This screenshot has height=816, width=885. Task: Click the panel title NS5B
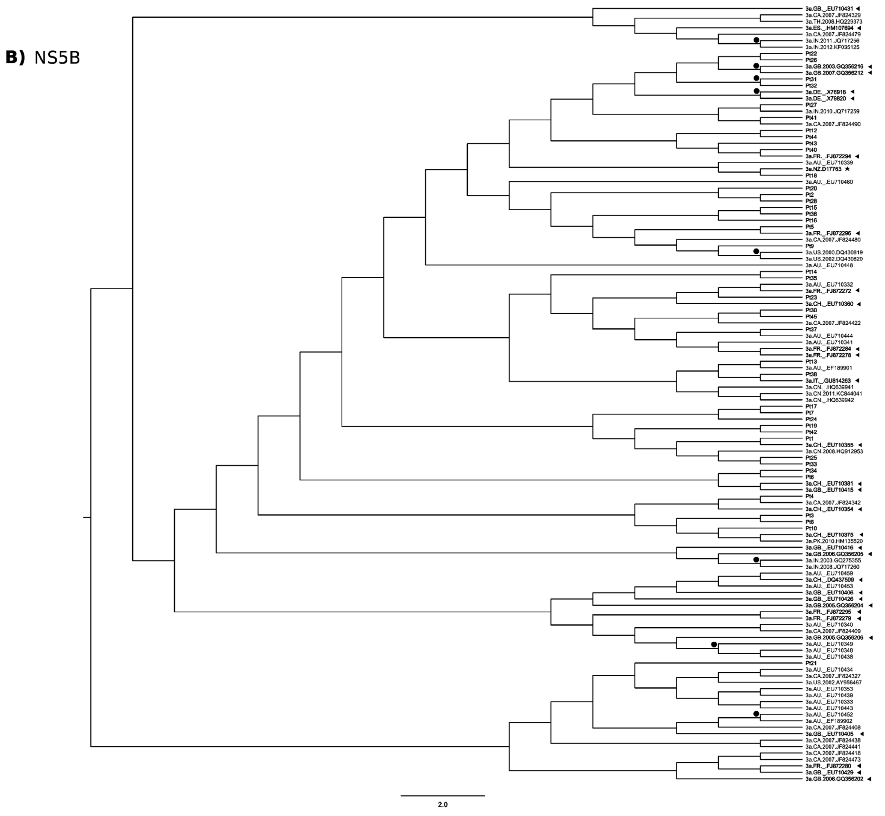[x=57, y=58]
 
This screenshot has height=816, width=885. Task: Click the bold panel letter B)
[x=15, y=58]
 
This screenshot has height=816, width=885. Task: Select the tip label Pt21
[x=811, y=663]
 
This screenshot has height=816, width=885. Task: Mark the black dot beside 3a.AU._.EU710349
[x=714, y=644]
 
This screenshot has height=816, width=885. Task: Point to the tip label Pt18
[x=811, y=175]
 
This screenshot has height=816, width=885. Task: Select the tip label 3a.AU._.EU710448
[x=829, y=265]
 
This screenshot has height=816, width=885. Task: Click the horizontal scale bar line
[x=442, y=796]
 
